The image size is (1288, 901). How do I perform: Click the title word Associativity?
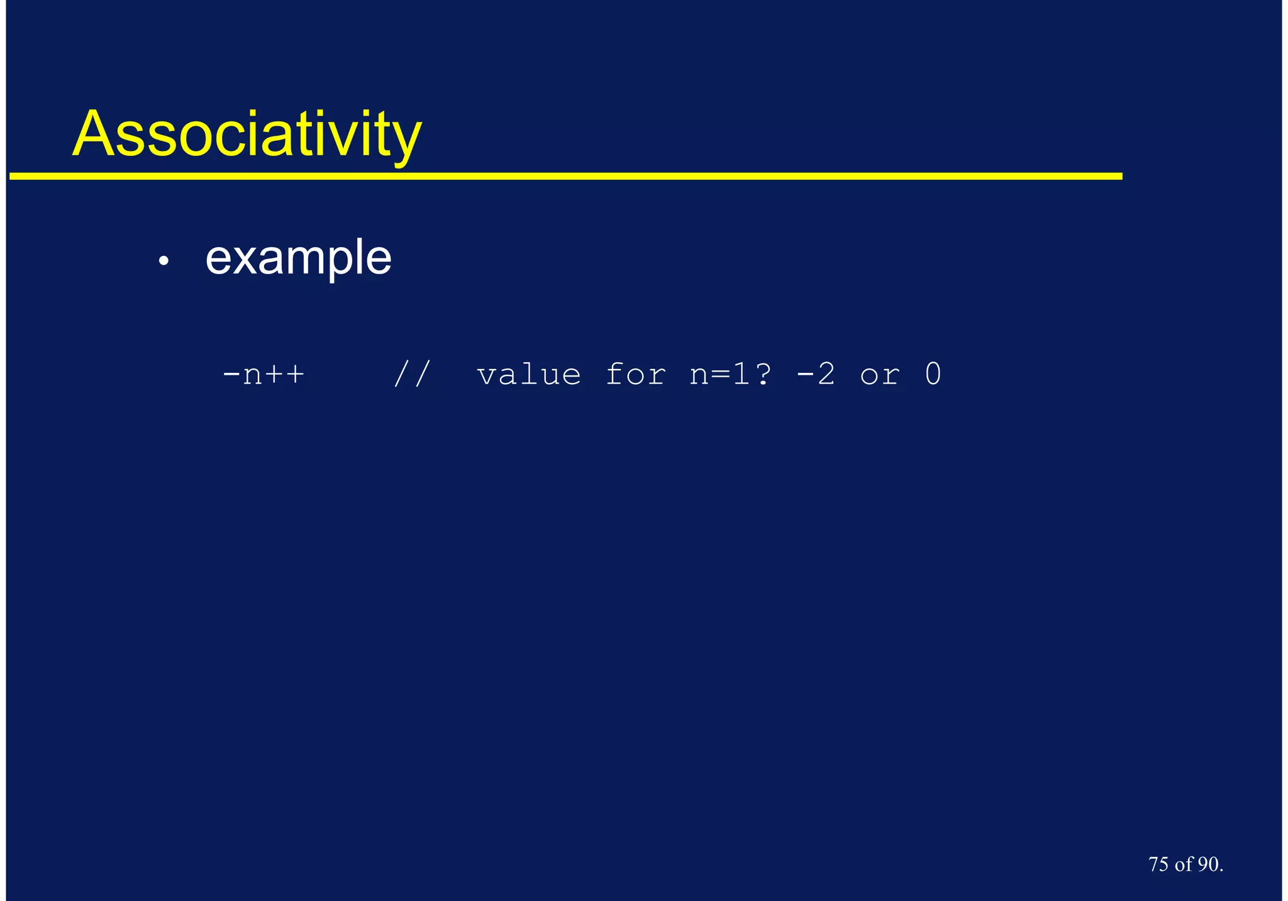247,135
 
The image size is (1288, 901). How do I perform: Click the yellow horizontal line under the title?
566,177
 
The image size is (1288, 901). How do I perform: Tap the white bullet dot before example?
164,260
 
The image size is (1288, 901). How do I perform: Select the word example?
298,258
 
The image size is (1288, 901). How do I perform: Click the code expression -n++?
264,375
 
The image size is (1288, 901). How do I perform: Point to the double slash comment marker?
412,375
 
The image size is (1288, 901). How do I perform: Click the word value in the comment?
529,375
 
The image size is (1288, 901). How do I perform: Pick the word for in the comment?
635,375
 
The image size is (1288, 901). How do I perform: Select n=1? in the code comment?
730,375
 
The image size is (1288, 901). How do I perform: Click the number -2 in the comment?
816,375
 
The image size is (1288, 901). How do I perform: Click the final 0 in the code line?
933,375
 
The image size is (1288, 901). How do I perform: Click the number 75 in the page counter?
1158,865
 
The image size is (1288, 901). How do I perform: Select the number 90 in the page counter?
1207,865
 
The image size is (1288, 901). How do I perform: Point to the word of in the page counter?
1183,865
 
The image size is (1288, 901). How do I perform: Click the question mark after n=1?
763,375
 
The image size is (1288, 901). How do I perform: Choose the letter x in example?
245,259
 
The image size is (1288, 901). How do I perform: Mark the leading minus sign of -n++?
231,375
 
